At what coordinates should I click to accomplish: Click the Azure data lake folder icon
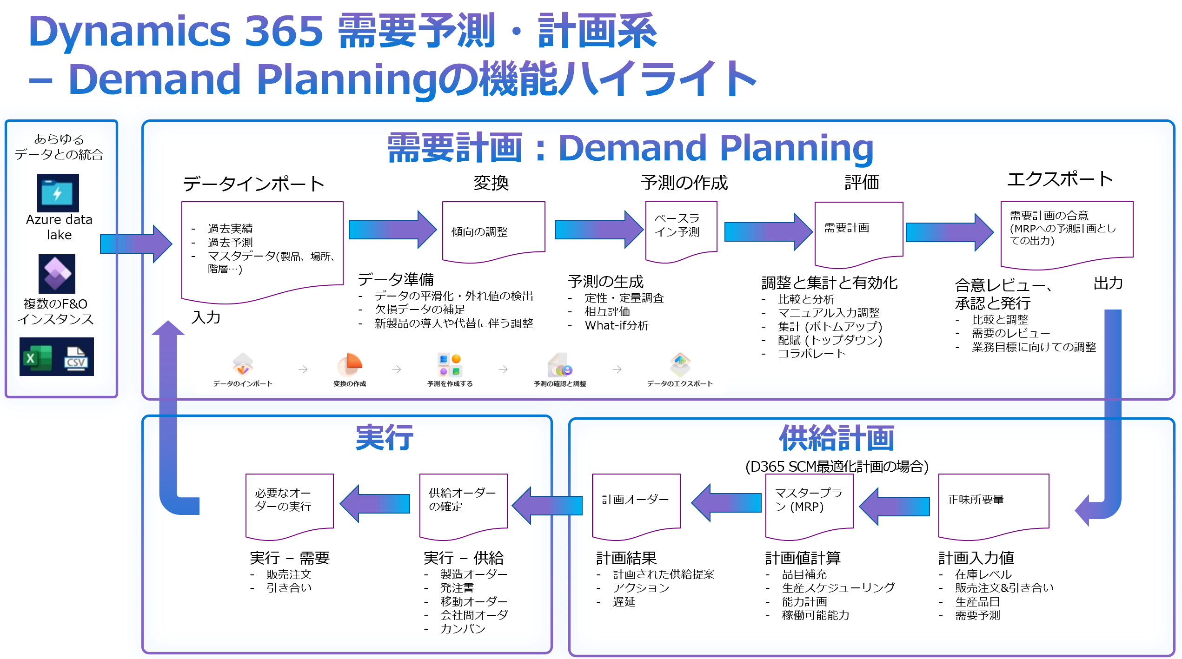pyautogui.click(x=58, y=193)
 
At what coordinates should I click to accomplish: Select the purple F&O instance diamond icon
pyautogui.click(x=57, y=273)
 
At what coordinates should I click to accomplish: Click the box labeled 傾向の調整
pyautogui.click(x=493, y=231)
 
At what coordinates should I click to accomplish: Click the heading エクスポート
pyautogui.click(x=1060, y=179)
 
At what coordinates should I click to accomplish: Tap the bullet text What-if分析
pyautogui.click(x=616, y=325)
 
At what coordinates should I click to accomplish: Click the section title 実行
pyautogui.click(x=384, y=438)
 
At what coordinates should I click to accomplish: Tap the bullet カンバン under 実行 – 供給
pyautogui.click(x=463, y=629)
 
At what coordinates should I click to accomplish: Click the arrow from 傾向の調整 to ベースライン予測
pyautogui.click(x=598, y=229)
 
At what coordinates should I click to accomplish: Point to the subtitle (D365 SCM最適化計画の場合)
pyautogui.click(x=837, y=466)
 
